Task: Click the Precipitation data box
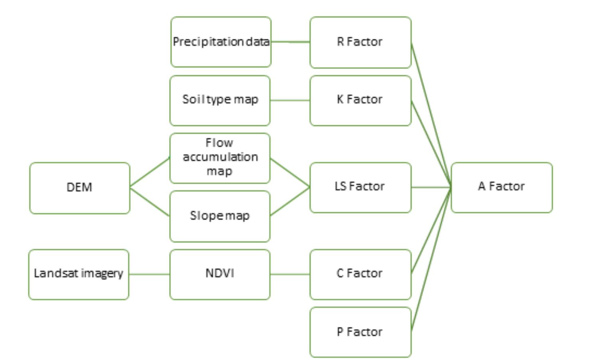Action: (x=221, y=42)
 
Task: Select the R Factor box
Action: (x=360, y=42)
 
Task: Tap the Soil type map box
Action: (x=220, y=100)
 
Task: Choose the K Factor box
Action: (x=360, y=100)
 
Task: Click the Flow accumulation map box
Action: (x=220, y=158)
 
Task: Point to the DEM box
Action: (x=79, y=188)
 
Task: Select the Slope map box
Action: (x=220, y=216)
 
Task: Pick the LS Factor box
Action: (x=360, y=187)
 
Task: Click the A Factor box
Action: (x=502, y=187)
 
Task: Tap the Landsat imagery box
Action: (x=79, y=274)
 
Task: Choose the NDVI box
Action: (x=220, y=274)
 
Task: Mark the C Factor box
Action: (x=360, y=274)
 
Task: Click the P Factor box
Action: (x=360, y=332)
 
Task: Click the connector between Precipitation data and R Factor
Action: (x=290, y=42)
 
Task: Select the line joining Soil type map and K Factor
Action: (x=290, y=100)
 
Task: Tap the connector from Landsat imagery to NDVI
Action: (x=149, y=274)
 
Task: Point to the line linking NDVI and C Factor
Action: (x=290, y=274)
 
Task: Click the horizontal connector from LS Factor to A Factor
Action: (x=431, y=187)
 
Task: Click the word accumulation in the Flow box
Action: (x=220, y=157)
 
